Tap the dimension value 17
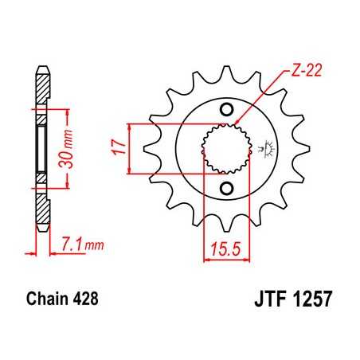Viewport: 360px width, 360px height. coord(118,147)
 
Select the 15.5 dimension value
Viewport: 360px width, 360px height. coord(225,250)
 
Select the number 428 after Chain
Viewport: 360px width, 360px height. coord(87,302)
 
